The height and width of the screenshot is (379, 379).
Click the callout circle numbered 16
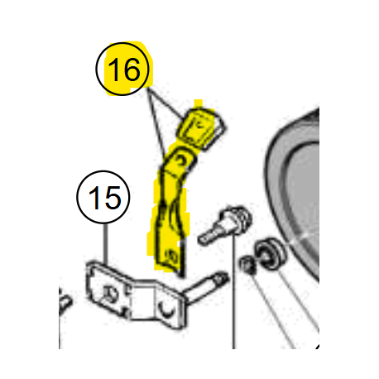[96, 69]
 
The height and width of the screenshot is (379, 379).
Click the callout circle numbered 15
[77, 197]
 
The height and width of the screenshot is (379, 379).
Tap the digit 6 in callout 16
[131, 70]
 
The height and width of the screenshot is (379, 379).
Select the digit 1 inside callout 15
[94, 198]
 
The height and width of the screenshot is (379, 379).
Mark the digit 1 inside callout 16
[113, 70]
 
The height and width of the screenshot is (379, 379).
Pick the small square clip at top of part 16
[203, 129]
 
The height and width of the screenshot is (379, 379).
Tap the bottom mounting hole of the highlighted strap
[171, 256]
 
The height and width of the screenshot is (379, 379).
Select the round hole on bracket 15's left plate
[110, 295]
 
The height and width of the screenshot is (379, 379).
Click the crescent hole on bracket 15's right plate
[167, 309]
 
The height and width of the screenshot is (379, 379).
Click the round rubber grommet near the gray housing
[270, 253]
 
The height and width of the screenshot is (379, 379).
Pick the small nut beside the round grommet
[247, 265]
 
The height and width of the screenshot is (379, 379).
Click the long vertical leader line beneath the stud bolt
[233, 291]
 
